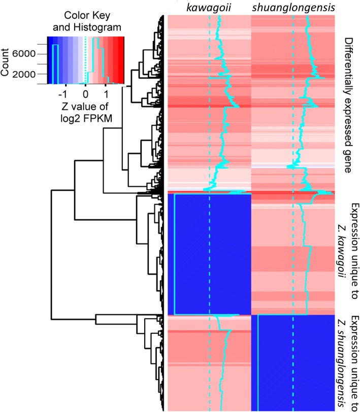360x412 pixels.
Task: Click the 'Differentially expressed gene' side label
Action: tap(347, 105)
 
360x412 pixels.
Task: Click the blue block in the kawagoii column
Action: tap(209, 254)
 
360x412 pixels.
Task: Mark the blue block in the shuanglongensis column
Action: tap(293, 363)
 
